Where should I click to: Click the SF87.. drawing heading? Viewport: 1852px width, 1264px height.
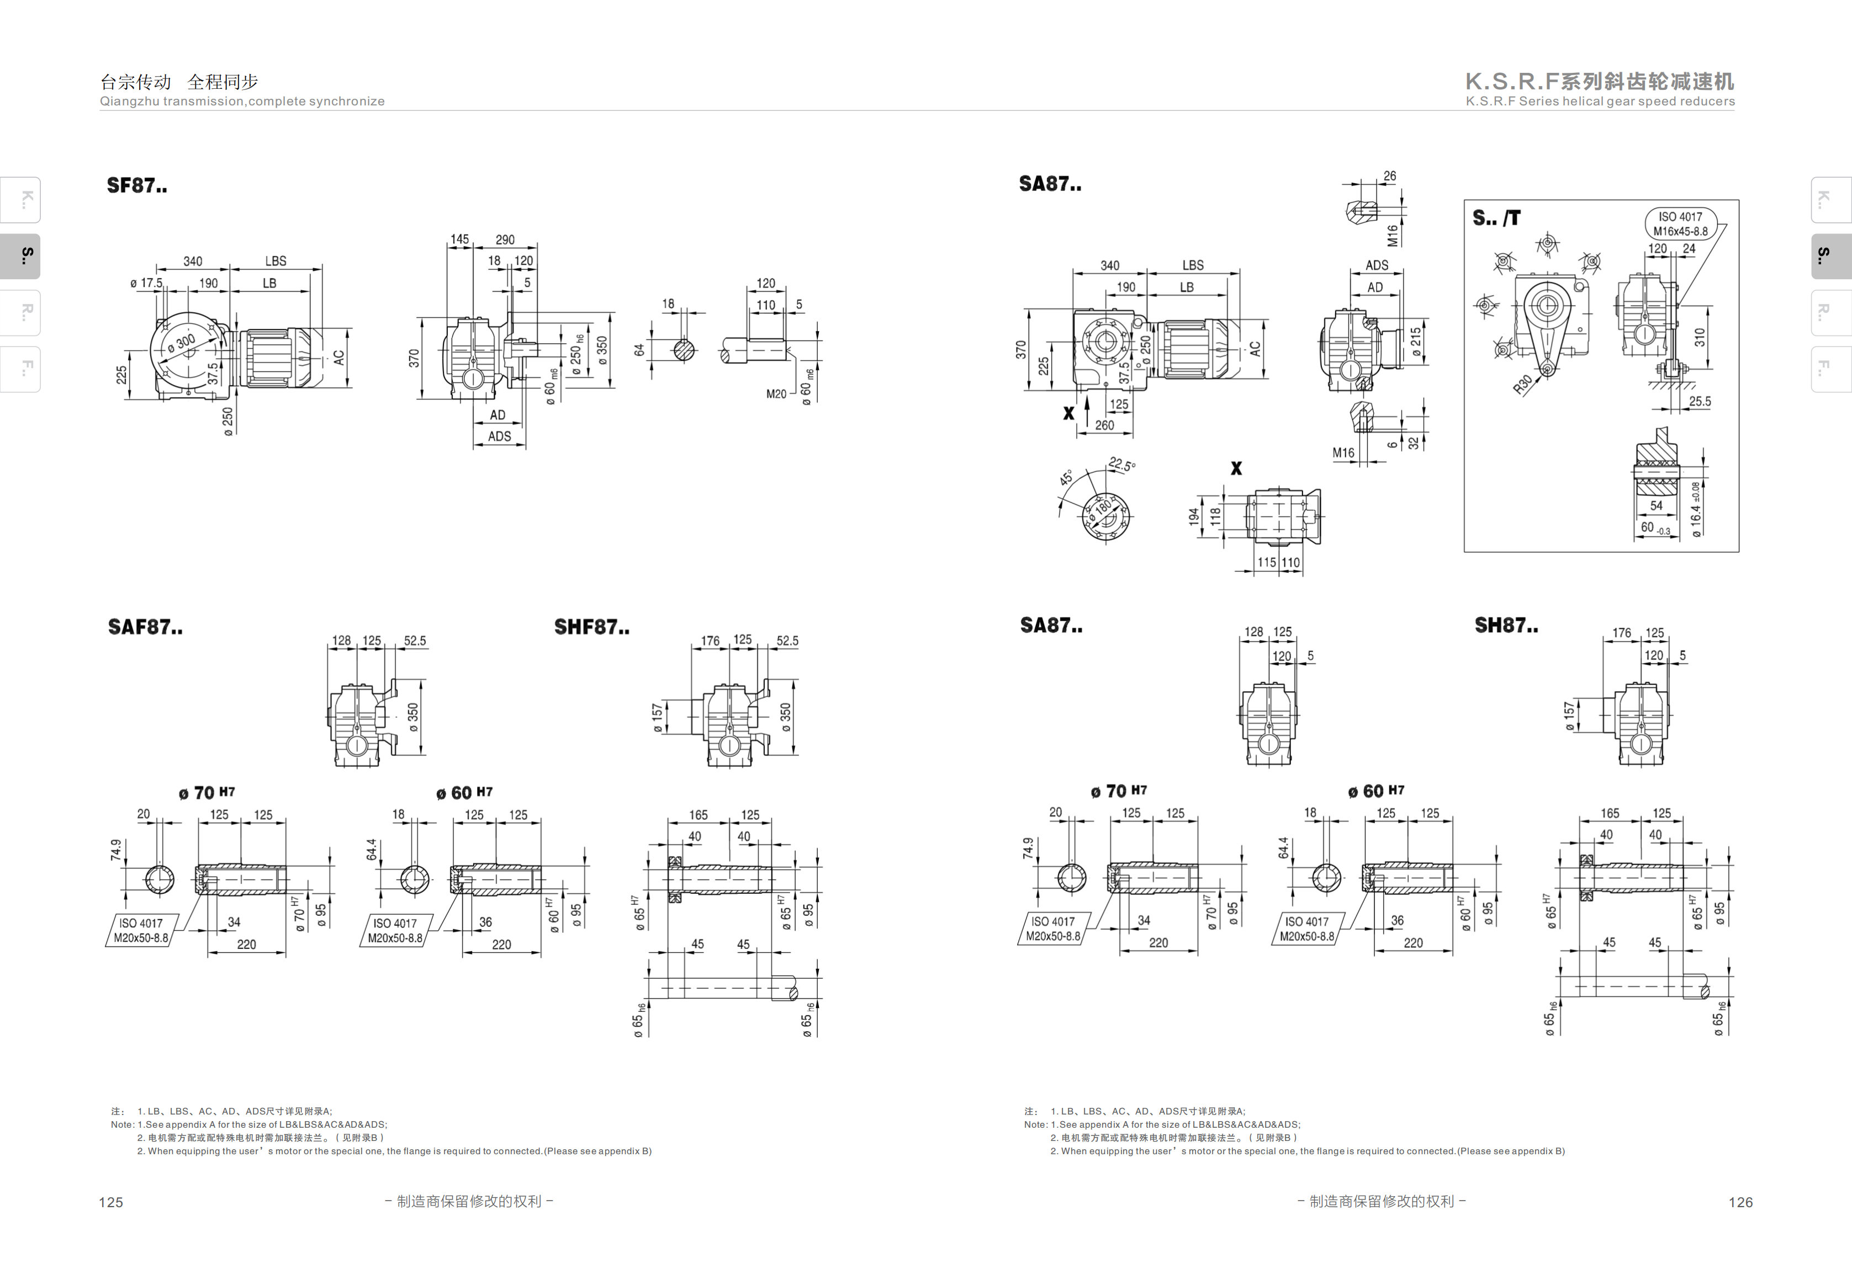(137, 185)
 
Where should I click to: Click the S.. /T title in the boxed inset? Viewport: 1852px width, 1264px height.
(1496, 218)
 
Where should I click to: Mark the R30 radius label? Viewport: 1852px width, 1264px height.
(1522, 385)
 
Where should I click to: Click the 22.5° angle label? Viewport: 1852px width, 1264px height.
(1122, 465)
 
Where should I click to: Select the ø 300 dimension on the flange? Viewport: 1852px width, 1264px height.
(181, 345)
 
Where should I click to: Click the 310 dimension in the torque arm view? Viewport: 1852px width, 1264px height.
(1700, 337)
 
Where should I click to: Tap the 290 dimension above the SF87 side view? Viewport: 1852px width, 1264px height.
(505, 240)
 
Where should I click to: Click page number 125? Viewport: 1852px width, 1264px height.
(111, 1203)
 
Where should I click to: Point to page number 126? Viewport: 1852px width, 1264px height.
(1740, 1203)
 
